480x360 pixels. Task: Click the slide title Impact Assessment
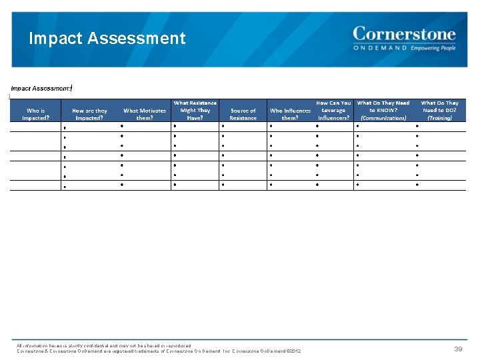point(107,39)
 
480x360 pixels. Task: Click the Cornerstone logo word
point(404,33)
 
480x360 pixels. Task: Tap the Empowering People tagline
point(433,48)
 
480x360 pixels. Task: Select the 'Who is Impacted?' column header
point(35,114)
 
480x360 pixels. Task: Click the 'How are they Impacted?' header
point(89,114)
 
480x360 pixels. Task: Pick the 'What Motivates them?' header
point(145,114)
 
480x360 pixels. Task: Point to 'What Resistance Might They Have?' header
point(195,110)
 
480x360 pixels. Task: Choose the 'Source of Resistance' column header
point(243,114)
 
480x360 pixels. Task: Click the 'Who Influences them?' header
point(290,114)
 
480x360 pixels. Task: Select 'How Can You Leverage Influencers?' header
point(333,110)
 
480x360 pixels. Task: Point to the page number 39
point(458,349)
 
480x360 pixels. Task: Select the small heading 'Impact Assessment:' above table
point(40,88)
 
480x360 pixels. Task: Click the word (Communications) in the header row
point(383,118)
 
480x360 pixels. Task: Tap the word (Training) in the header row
point(439,118)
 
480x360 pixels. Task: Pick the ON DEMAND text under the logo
point(380,48)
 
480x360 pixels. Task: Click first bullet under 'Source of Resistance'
point(224,125)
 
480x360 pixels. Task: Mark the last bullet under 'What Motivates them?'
point(121,185)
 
